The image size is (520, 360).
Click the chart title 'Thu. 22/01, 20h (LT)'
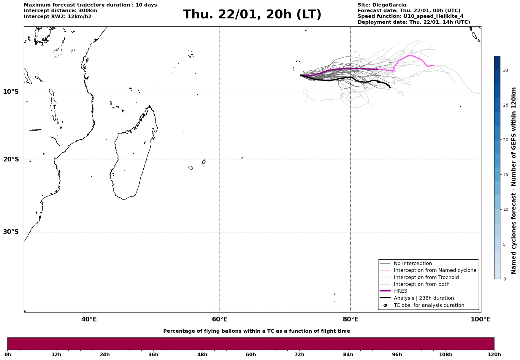click(252, 15)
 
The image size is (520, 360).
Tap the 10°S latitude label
click(11, 92)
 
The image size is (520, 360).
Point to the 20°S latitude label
click(11, 160)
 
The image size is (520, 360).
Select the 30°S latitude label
click(11, 232)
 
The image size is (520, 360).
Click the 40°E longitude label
click(89, 319)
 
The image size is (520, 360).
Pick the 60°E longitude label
click(220, 319)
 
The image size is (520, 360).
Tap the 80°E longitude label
click(350, 319)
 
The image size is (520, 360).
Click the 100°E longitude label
click(481, 319)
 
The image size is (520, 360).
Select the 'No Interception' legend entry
click(413, 264)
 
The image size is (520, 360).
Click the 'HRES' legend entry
click(400, 291)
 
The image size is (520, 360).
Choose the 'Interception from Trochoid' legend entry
click(426, 277)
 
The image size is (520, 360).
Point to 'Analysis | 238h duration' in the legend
click(424, 298)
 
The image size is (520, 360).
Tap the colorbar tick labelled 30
click(505, 70)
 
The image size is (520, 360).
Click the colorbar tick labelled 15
click(505, 175)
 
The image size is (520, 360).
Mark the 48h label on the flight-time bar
click(202, 354)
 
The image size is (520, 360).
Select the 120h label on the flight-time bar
click(494, 354)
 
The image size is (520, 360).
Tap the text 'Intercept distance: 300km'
click(60, 11)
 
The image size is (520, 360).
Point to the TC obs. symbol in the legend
click(385, 305)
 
